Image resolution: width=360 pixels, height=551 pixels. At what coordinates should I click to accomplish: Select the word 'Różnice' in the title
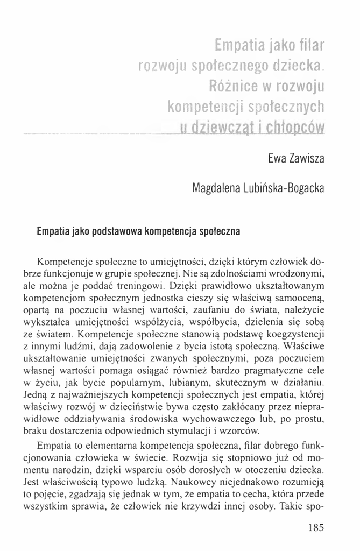[x=234, y=86]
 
